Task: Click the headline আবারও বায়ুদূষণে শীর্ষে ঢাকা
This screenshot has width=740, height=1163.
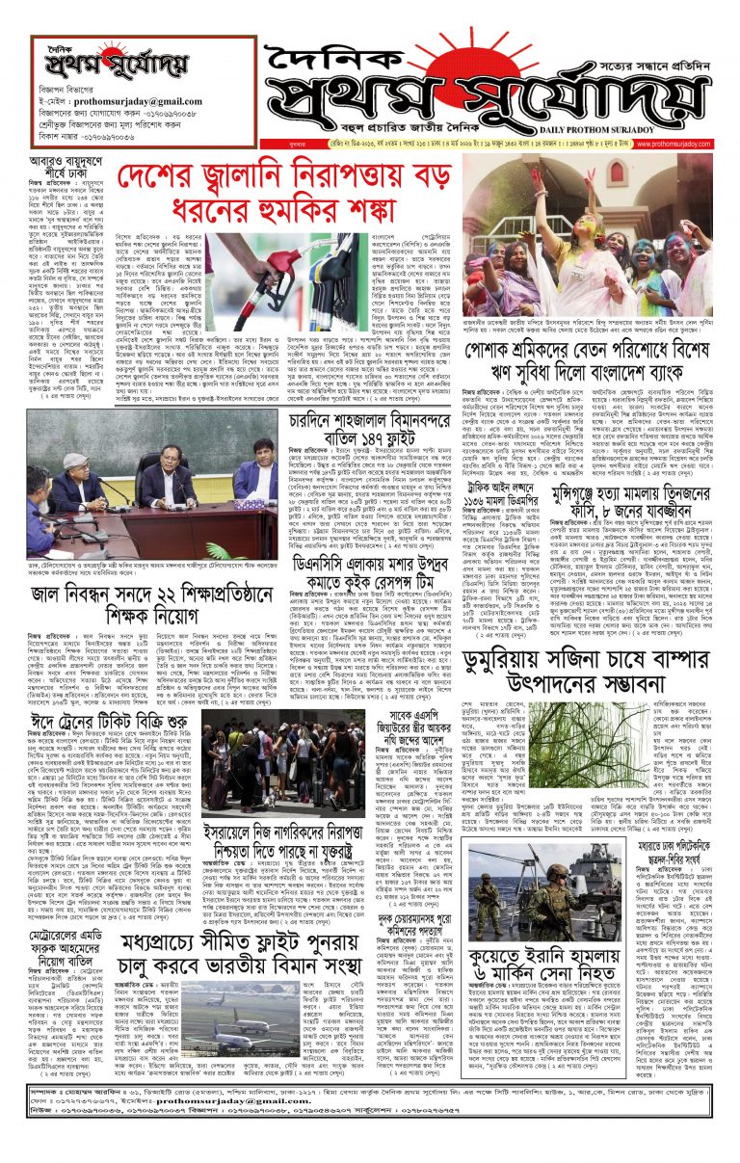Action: point(64,164)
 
